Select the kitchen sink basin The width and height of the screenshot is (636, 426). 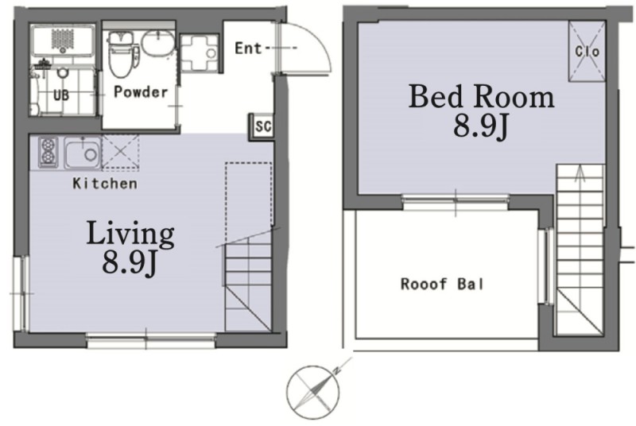pos(83,153)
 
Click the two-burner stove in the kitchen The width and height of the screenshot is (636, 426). pos(48,153)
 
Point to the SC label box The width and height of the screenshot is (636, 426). pos(262,126)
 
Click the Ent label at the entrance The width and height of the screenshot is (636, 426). pos(248,48)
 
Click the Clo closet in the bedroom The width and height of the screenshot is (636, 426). pos(587,52)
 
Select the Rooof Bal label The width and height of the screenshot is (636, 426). pos(442,284)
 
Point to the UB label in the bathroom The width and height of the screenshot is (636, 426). pos(61,95)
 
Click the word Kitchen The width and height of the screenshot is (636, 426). pos(105,184)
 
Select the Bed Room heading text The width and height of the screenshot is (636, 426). pos(481,96)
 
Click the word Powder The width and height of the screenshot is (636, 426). pos(141,92)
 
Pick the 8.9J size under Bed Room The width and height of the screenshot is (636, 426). pos(480,126)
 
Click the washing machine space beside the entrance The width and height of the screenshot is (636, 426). pos(200,53)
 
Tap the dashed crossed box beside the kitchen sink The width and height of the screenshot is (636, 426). pos(121,152)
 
